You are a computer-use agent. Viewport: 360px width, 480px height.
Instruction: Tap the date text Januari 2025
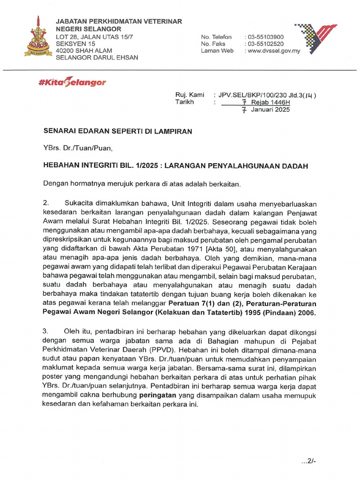point(270,110)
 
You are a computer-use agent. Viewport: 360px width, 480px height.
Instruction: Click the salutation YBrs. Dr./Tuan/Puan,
point(78,149)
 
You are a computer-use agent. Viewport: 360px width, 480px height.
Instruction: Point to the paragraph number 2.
point(46,204)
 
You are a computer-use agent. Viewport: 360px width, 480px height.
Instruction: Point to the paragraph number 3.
point(46,331)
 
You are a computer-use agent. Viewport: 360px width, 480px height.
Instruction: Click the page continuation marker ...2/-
point(310,461)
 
